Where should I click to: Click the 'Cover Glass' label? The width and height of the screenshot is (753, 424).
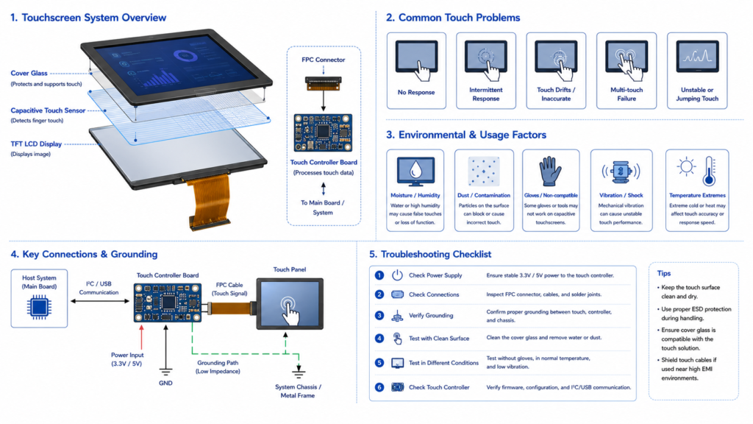29,73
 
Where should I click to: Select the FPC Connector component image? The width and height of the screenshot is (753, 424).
324,84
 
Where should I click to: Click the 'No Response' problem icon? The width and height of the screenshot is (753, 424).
416,60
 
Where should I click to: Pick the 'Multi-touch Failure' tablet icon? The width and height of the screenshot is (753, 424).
627,60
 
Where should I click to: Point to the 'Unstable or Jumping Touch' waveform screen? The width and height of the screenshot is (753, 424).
697,56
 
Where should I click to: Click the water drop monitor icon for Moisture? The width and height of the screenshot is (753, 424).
415,171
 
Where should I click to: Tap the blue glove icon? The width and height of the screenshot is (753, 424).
550,171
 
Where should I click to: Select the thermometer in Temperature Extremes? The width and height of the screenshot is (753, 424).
710,171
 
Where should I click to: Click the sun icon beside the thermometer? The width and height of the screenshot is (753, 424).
686,167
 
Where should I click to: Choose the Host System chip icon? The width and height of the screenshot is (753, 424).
39,308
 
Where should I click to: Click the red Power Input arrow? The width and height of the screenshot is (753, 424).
141,337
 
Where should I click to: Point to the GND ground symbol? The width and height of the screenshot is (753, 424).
165,372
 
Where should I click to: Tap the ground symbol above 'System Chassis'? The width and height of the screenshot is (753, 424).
299,372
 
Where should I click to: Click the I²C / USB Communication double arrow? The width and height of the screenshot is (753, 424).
100,301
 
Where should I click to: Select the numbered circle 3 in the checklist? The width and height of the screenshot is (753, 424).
379,315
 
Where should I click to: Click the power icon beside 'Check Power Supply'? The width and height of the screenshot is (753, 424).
397,275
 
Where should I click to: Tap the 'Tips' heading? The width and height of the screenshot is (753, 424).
664,273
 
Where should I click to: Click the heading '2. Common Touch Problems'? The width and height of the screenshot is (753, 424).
453,18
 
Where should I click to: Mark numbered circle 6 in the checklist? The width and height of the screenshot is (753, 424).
379,387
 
